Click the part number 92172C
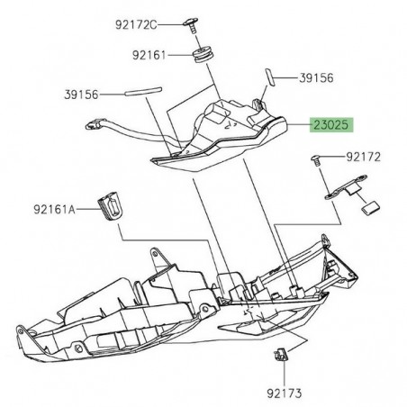[x=159, y=21]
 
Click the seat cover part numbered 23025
[x=225, y=135]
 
